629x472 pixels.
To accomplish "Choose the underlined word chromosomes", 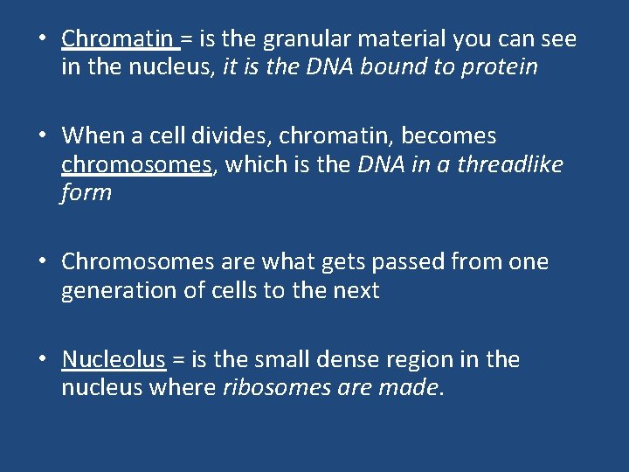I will click(x=137, y=164).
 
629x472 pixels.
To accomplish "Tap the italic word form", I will click(x=86, y=192).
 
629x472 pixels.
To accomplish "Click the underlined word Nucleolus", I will click(x=113, y=359).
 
